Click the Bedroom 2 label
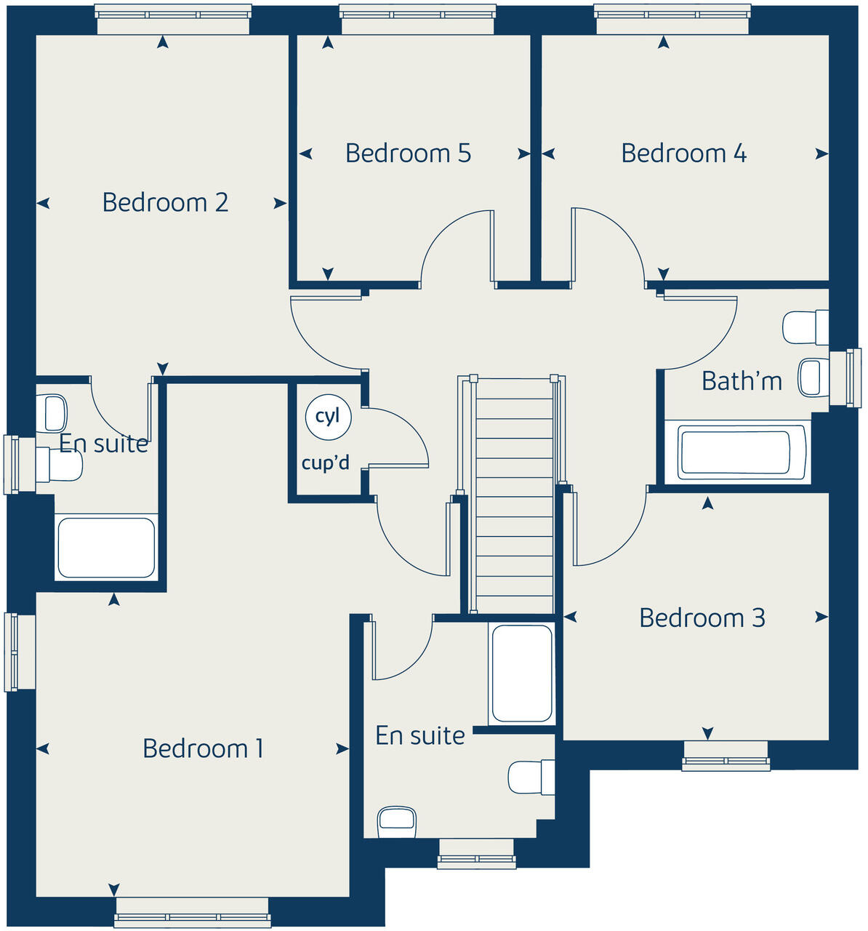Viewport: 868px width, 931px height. pos(165,202)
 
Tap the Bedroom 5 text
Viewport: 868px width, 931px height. pos(408,153)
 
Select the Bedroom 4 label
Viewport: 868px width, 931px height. pos(683,153)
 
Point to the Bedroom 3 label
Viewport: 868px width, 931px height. pos(702,618)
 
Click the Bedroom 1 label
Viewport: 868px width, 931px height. pos(203,748)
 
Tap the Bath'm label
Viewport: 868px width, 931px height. pos(742,380)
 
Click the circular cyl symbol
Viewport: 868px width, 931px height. pos(328,417)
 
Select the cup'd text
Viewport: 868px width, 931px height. pos(326,463)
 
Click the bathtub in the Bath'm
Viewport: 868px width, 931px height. pos(734,452)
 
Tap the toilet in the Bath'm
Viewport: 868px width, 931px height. pos(805,327)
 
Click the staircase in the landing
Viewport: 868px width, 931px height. pos(514,495)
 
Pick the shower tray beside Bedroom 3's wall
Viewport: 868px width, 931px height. pos(522,673)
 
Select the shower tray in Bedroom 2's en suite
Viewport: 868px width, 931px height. pos(106,547)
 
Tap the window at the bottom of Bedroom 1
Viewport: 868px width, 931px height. pos(192,912)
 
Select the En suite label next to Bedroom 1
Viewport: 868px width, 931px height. pos(419,736)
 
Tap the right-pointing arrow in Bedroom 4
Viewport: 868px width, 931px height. pos(821,153)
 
